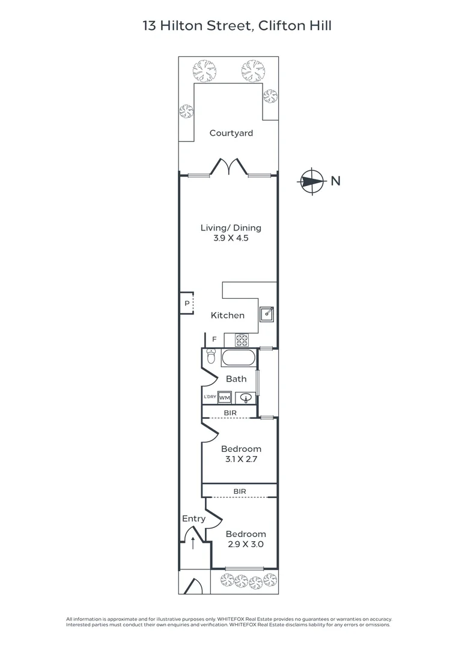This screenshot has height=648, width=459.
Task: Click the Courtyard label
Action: (231, 133)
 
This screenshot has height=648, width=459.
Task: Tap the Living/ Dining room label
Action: (231, 228)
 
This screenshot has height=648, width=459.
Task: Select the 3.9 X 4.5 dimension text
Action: (231, 238)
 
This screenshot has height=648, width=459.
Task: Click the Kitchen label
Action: (228, 316)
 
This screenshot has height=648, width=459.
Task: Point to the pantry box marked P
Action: (187, 304)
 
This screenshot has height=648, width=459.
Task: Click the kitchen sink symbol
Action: (267, 314)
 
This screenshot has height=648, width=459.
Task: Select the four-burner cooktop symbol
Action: (242, 340)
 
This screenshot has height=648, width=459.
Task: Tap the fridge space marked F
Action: (214, 339)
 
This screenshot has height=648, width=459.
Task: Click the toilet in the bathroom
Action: (211, 356)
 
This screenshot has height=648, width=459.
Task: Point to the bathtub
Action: (239, 358)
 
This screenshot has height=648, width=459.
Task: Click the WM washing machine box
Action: (224, 398)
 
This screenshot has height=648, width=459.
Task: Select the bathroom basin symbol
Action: (246, 398)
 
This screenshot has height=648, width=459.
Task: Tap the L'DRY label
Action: (210, 397)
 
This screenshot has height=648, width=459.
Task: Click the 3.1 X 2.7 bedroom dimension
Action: (242, 459)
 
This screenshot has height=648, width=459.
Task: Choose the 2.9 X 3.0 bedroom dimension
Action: (246, 544)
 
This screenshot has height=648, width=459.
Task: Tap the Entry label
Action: (193, 518)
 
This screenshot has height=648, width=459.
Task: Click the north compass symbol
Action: (311, 181)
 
